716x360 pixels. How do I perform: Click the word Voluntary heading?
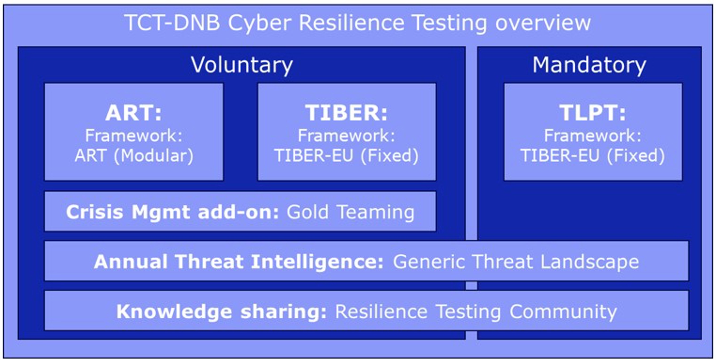point(242,65)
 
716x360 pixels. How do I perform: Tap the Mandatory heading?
point(589,65)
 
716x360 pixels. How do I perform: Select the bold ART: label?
point(134,113)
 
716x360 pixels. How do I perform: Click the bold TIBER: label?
point(346,113)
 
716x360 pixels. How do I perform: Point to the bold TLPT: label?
point(592,113)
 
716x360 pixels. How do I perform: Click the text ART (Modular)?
point(134,156)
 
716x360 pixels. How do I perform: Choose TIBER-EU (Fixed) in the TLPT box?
point(592,156)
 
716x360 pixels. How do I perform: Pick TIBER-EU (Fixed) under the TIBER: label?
point(346,156)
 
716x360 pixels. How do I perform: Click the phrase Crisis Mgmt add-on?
point(173,212)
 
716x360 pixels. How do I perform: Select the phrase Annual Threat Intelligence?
point(239,261)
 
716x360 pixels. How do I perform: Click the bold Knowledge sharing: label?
point(222,311)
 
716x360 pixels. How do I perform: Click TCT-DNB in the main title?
point(172,23)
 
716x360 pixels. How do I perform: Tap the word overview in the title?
point(543,23)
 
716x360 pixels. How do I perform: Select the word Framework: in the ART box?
point(134,136)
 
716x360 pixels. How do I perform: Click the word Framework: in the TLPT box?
point(592,136)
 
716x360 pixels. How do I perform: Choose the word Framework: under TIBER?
point(346,136)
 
